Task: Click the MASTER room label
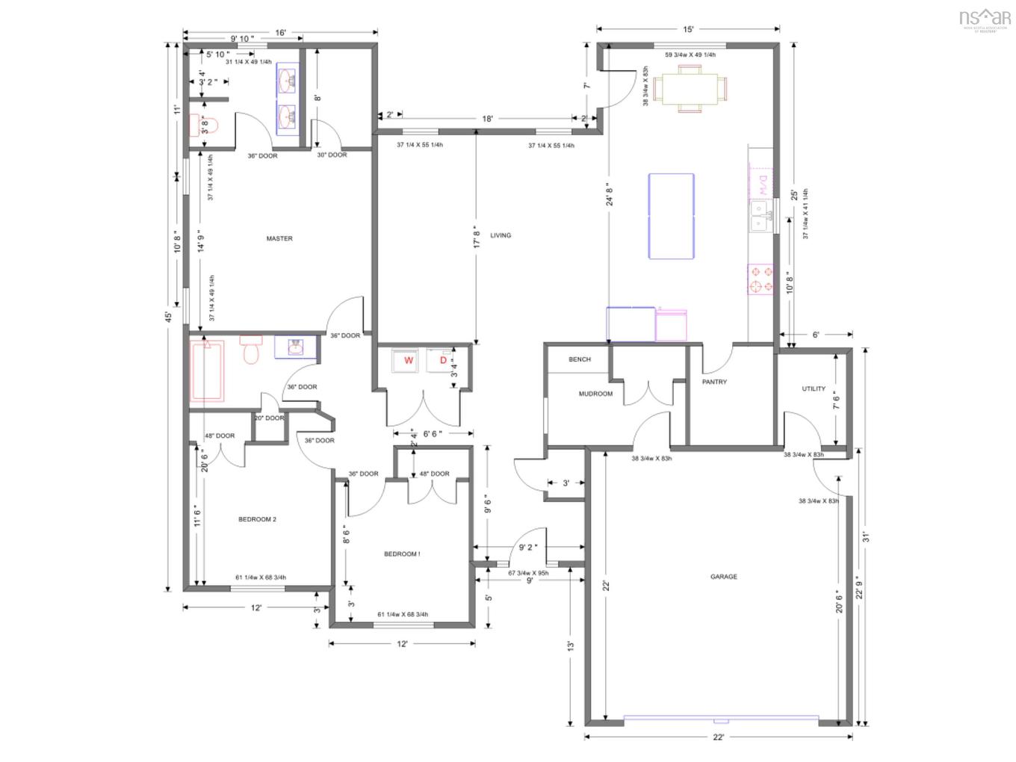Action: [279, 239]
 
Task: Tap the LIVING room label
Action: [501, 235]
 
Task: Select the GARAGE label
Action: [724, 577]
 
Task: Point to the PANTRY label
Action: [714, 382]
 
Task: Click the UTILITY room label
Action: [814, 388]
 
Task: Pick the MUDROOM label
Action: [595, 394]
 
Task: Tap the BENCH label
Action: [580, 359]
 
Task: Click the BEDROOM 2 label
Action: [257, 519]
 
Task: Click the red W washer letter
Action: [409, 361]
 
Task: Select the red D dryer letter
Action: [443, 361]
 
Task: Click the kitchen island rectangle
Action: [671, 216]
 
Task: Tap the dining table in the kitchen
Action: [690, 88]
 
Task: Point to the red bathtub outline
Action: [207, 371]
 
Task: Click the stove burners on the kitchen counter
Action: [761, 279]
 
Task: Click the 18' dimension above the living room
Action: [487, 119]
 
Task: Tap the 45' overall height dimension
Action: [169, 317]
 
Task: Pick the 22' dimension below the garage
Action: [718, 737]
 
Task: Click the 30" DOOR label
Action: [332, 155]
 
